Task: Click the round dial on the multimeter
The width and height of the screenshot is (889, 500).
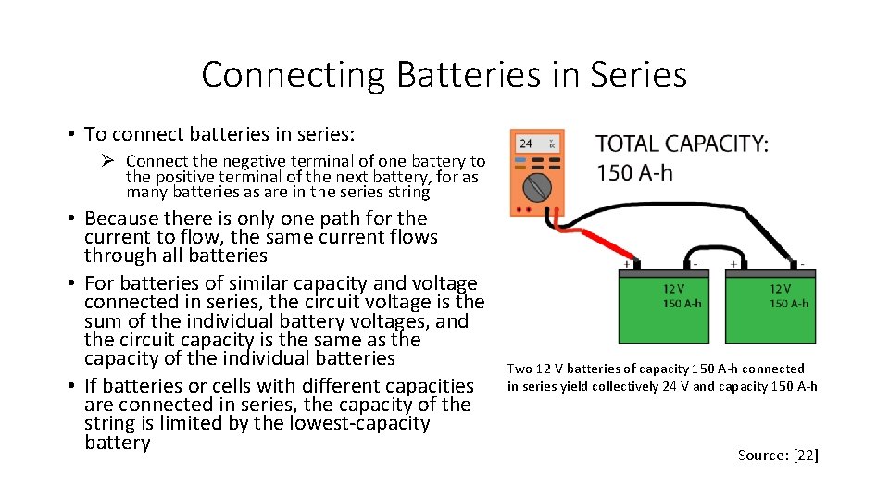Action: point(537,188)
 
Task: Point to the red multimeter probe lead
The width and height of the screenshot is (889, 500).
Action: point(597,238)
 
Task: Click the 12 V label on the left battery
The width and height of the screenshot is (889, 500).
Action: point(674,290)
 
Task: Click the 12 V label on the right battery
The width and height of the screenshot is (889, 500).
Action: point(781,290)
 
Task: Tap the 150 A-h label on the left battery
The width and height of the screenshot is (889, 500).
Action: point(682,303)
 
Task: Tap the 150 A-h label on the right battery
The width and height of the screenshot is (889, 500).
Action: point(789,303)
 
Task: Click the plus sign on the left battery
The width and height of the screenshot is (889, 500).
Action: point(627,265)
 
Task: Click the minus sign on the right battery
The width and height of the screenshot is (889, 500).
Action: point(803,265)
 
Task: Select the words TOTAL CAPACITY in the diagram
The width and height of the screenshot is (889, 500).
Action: point(682,144)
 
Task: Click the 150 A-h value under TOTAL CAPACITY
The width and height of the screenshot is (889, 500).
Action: point(635,172)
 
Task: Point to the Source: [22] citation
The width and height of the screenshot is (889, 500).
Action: point(778,455)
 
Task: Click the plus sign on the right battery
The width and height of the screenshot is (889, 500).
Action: point(733,265)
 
